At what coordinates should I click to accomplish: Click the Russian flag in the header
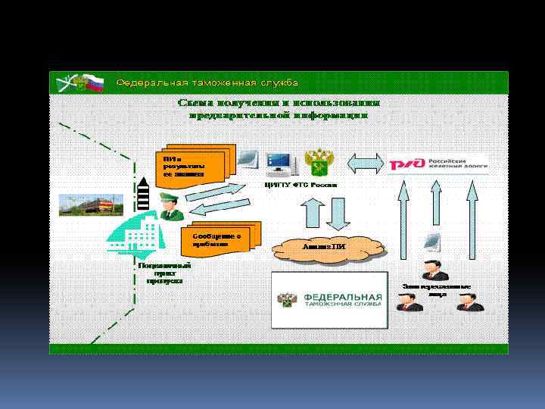[94, 82]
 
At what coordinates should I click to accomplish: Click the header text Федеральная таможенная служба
[206, 82]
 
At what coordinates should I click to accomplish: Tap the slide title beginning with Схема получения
[279, 108]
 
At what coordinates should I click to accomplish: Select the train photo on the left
[85, 204]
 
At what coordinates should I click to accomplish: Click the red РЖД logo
[406, 164]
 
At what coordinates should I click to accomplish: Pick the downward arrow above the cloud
[337, 214]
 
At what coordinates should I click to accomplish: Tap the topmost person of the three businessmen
[434, 269]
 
